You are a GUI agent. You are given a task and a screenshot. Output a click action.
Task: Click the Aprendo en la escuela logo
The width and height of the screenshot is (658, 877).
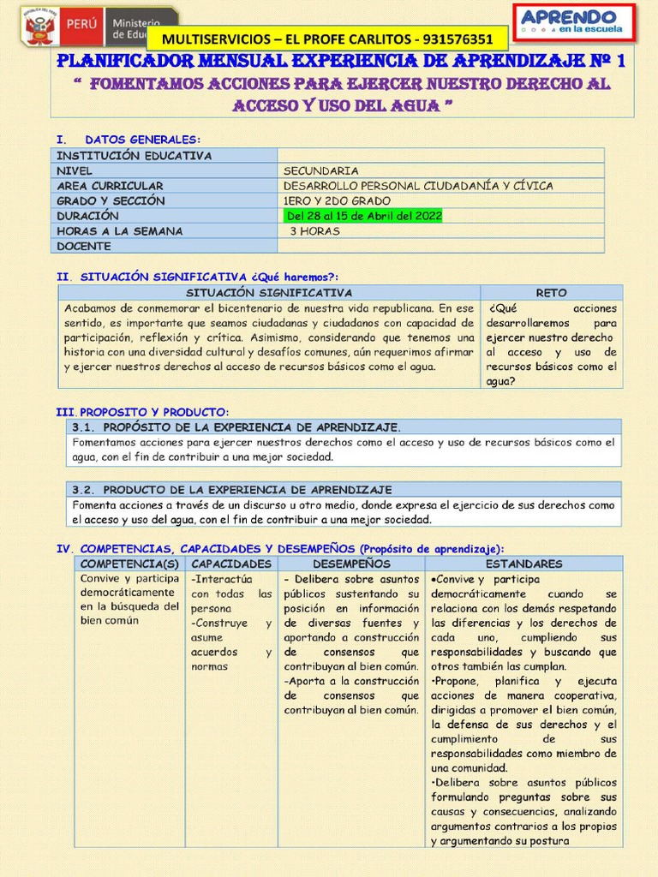pos(574,23)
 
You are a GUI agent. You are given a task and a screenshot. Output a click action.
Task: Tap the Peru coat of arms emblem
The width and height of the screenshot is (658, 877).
pos(39,28)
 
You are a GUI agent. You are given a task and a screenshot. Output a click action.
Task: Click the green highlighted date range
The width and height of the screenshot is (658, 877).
pos(363,216)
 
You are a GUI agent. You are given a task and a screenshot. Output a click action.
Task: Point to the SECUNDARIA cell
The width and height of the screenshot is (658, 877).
pos(320,170)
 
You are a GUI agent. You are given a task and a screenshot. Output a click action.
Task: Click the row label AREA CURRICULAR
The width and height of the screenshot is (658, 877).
pos(110,186)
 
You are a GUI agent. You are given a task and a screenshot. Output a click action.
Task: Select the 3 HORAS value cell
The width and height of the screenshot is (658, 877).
pos(314,231)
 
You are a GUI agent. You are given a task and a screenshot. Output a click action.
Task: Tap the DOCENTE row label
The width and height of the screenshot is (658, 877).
pos(84,247)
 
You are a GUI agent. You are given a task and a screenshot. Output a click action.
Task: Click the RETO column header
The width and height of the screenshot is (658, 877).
pos(551,293)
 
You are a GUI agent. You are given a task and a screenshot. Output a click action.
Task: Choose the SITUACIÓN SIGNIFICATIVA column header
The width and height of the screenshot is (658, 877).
pos(269,293)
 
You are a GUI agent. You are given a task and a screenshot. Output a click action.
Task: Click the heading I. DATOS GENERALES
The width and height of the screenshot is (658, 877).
pos(129,140)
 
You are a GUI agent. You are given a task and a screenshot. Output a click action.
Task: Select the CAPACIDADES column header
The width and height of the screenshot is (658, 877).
pos(231,564)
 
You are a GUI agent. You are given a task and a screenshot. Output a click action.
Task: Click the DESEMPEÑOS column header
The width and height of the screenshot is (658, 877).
pos(351,564)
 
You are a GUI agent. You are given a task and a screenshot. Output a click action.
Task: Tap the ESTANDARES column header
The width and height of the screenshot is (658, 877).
pos(523,564)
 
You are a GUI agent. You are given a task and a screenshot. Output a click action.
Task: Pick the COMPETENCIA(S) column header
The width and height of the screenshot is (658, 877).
pos(129,564)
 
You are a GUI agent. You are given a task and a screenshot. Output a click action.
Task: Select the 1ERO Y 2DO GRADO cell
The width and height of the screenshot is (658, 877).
pos(337,201)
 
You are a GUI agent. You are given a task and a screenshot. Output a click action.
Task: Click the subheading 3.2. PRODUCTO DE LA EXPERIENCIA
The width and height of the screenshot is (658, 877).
pos(231,490)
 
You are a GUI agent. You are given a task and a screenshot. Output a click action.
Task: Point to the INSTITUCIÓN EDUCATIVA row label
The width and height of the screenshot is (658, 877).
pos(134,156)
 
